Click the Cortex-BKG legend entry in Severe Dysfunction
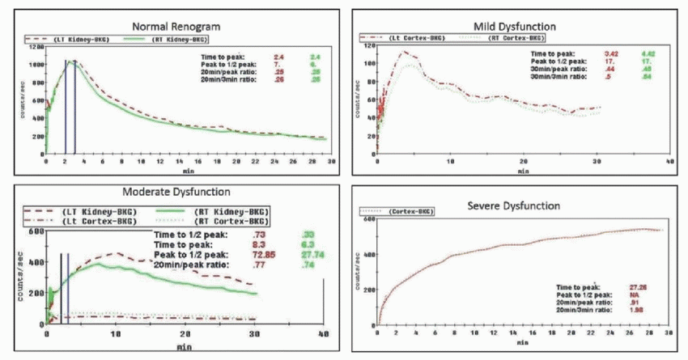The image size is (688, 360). tap(407, 212)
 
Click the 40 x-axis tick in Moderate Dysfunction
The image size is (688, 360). tap(323, 334)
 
